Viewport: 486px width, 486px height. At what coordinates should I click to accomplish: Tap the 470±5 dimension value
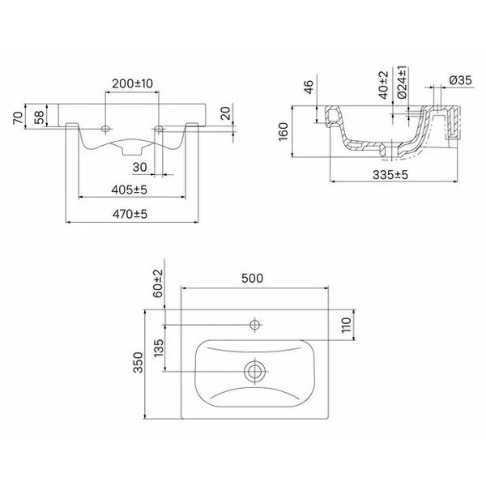(130, 214)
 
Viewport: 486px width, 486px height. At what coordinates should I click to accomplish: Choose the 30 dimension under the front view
(139, 167)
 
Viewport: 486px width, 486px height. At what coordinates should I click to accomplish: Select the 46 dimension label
(310, 88)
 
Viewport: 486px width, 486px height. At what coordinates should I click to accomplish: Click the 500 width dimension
(254, 279)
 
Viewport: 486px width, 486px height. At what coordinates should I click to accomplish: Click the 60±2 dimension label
(157, 283)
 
